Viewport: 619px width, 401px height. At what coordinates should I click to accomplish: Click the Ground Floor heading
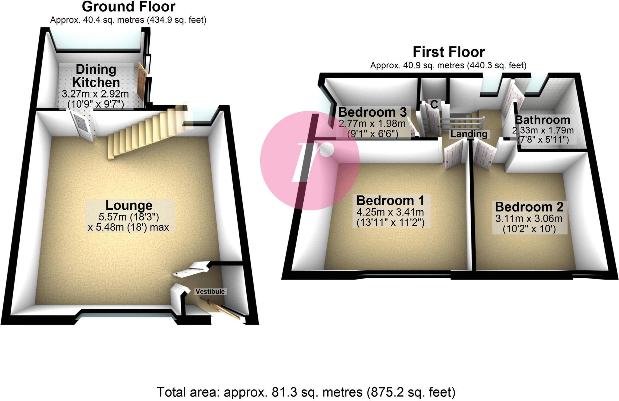point(128,7)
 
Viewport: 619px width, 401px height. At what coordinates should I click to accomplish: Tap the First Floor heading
point(449,52)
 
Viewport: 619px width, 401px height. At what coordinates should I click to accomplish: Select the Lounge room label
point(129,205)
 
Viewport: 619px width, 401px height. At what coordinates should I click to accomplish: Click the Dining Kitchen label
point(96,76)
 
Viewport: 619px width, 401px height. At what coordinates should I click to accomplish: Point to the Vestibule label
point(210,292)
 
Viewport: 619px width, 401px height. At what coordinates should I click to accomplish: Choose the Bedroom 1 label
point(390,201)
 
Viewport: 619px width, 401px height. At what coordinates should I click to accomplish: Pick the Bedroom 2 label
point(529,207)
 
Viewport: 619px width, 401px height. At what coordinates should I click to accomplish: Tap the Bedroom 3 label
point(372,112)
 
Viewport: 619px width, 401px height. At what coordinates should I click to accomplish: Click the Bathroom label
point(543,120)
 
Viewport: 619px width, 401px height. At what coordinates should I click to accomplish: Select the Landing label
point(469,134)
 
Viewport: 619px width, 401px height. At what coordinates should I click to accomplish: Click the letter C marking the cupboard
point(434,105)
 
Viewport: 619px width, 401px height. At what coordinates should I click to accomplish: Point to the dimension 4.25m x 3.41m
point(390,212)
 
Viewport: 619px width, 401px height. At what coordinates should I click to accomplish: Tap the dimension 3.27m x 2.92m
point(96,94)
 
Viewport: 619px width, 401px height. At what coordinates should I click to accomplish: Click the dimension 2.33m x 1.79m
point(543,131)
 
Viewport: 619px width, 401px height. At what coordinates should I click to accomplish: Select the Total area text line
point(306,392)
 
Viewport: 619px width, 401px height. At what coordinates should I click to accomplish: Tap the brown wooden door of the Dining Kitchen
point(141,82)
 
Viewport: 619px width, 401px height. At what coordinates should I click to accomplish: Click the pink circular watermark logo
point(309,160)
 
